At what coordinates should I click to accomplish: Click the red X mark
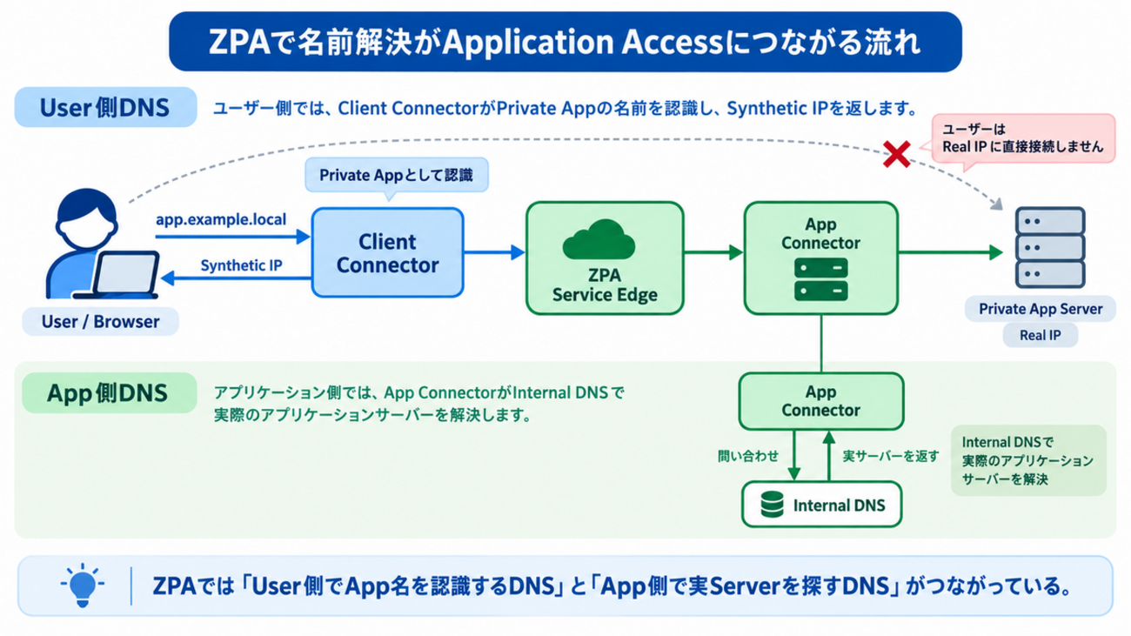tap(897, 155)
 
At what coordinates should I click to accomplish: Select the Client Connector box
tap(388, 252)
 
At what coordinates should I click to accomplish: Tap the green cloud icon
tap(599, 239)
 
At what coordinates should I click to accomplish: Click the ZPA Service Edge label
tap(605, 285)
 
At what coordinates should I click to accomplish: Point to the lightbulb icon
tap(83, 586)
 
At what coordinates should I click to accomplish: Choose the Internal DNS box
tap(821, 505)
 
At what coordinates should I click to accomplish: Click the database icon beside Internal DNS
tap(772, 505)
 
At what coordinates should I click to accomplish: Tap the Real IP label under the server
tap(1041, 335)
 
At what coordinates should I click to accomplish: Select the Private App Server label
tap(1041, 309)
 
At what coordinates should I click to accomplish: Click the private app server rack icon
tap(1050, 247)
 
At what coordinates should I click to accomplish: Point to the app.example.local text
tap(221, 219)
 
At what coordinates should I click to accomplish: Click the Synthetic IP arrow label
tap(241, 265)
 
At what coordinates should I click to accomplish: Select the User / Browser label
tap(100, 322)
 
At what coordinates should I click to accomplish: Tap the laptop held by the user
tap(121, 274)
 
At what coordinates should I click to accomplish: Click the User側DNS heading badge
tap(105, 108)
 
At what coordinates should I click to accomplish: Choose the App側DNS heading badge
tap(109, 393)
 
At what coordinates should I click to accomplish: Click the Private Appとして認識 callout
tap(397, 175)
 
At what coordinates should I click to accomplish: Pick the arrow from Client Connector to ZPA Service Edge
tap(494, 252)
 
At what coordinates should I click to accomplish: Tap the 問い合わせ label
tap(748, 456)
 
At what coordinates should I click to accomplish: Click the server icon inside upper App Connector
tap(821, 279)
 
